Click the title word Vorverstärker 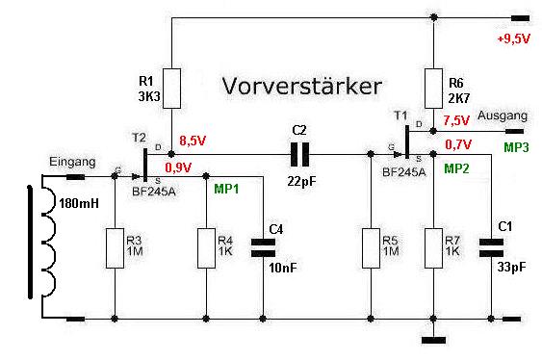point(301,86)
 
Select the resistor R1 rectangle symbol point(171,89)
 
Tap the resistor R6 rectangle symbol point(433,89)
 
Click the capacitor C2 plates point(299,154)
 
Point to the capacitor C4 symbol point(263,247)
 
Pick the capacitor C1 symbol point(491,247)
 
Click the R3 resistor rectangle point(115,248)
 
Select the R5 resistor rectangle point(371,248)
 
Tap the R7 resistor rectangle point(433,248)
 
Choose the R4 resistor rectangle point(206,248)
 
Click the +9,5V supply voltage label point(513,39)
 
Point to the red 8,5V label point(193,141)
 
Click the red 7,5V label point(456,120)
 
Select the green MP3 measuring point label point(516,147)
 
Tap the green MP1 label point(226,189)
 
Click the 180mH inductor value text point(79,203)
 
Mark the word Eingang point(72,162)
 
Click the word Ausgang point(503,116)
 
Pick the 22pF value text point(301,181)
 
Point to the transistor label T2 point(139,138)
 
